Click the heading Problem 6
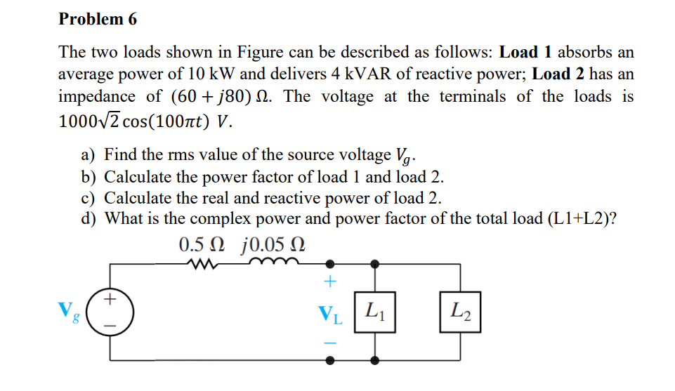[98, 19]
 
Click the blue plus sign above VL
[330, 283]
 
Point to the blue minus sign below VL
[330, 343]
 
